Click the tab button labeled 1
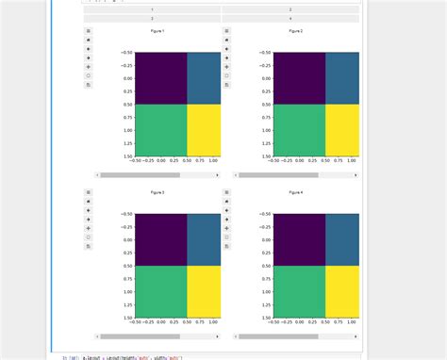[x=152, y=9]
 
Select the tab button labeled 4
[x=290, y=18]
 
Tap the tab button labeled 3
[x=152, y=18]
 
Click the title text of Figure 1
[x=157, y=31]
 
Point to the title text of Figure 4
[x=295, y=192]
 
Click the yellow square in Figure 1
[x=204, y=130]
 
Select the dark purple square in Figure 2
[x=299, y=77]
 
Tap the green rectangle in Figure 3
[x=160, y=292]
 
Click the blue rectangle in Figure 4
[x=342, y=239]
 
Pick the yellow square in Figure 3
[x=204, y=292]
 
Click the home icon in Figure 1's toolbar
[x=88, y=41]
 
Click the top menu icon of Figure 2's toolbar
[x=226, y=31]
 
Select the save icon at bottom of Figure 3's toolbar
[x=88, y=246]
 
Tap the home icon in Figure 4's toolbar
[x=226, y=202]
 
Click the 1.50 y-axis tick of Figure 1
[x=126, y=156]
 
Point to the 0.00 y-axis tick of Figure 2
[x=265, y=78]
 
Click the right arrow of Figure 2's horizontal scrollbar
[x=356, y=175]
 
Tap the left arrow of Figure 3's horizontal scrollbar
[x=97, y=336]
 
